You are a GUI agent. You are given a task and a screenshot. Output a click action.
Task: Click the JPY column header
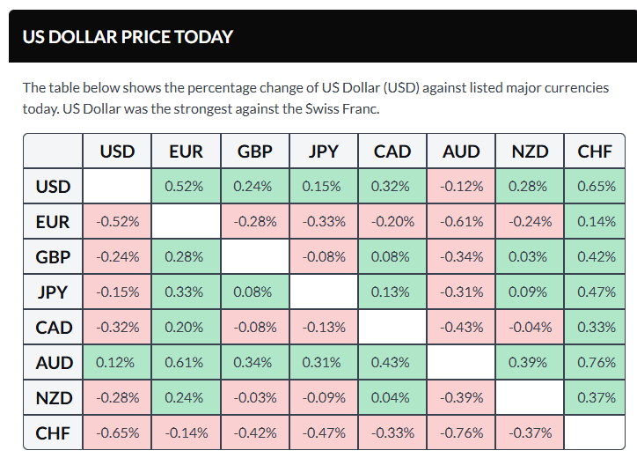[324, 151]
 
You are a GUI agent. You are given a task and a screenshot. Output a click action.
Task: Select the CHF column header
[595, 151]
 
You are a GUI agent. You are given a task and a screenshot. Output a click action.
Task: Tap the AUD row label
[53, 362]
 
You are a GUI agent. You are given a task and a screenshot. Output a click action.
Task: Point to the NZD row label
[53, 397]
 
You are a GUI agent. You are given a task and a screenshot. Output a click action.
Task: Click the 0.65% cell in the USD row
[595, 187]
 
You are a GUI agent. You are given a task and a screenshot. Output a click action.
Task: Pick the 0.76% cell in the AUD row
[595, 362]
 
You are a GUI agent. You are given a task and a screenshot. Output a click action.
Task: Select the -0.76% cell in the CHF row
[461, 432]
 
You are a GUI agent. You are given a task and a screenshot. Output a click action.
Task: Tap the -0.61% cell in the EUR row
[461, 222]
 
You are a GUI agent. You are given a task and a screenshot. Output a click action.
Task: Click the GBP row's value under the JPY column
[324, 257]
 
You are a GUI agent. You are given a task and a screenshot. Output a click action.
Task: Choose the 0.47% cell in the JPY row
[595, 292]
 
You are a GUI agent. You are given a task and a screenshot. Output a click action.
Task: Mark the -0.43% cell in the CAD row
[461, 328]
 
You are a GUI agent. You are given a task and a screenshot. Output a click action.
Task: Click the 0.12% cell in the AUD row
[117, 362]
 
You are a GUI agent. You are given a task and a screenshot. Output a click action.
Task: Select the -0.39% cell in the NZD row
[461, 397]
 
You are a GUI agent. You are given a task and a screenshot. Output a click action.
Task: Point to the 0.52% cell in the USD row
[186, 187]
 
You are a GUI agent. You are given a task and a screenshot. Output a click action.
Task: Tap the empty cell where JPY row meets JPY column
[324, 292]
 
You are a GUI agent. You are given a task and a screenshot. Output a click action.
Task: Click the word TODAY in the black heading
[203, 37]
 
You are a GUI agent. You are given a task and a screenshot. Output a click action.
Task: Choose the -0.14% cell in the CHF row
[186, 432]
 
